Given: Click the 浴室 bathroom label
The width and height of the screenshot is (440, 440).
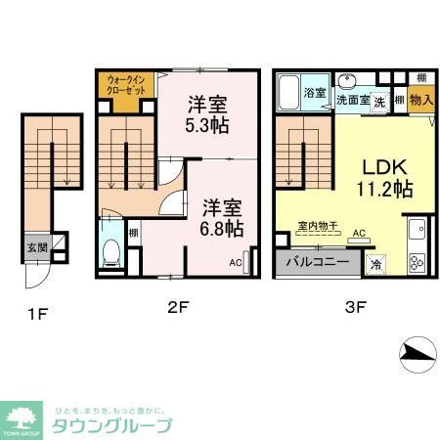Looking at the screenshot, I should pyautogui.click(x=314, y=93).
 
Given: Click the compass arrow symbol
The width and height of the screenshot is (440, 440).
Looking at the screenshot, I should pyautogui.click(x=418, y=354).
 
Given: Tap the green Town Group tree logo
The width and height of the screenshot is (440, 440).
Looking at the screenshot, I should pyautogui.click(x=22, y=418).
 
